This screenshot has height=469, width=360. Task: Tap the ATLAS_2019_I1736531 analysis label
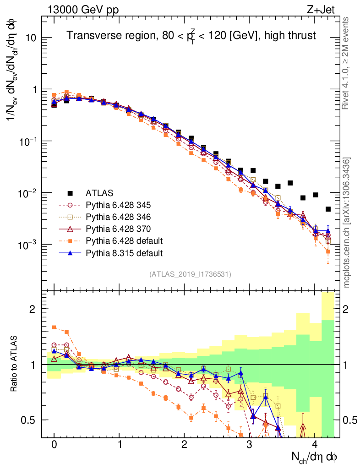190,274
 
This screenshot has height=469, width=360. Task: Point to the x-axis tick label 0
54,445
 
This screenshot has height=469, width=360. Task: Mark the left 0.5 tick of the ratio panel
30,420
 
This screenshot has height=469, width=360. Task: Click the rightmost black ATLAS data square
328,209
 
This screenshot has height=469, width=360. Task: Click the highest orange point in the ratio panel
54,327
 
